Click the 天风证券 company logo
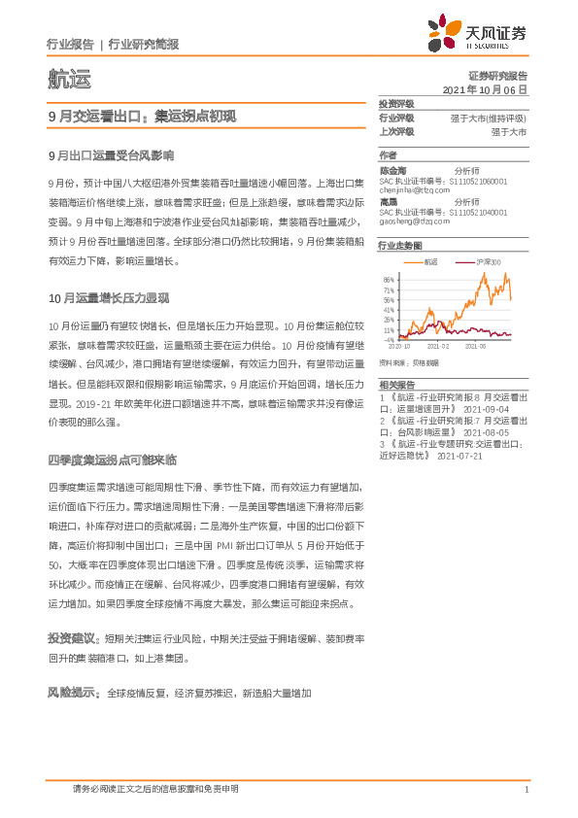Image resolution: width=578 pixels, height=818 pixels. click(x=479, y=34)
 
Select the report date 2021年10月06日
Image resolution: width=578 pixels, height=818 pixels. click(x=484, y=88)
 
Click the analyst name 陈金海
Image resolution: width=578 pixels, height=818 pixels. click(x=393, y=170)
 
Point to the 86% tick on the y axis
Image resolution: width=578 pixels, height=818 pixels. click(x=389, y=280)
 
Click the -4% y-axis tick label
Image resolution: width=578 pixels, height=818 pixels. click(x=389, y=340)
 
